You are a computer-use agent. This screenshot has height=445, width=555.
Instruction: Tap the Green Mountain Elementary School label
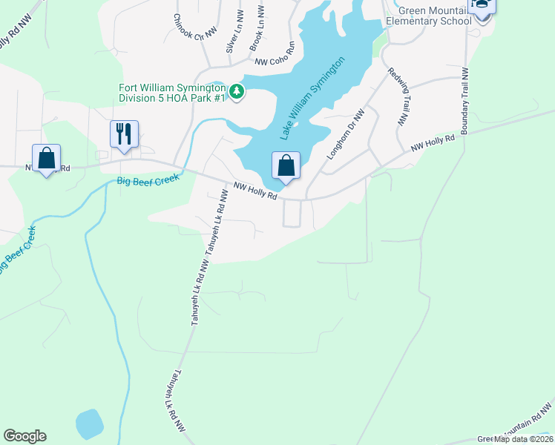pos(428,16)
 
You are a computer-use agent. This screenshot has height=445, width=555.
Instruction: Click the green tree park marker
pos(237,92)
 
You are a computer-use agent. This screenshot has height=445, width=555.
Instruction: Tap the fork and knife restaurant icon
pos(123,134)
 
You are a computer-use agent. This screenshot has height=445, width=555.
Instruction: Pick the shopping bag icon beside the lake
pos(286,165)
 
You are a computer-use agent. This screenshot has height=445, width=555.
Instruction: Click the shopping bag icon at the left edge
pos(47,158)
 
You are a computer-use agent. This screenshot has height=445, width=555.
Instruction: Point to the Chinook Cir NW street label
pos(195,27)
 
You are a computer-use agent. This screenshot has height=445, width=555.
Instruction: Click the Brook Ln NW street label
pos(257,32)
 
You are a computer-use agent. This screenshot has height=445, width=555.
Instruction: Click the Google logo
pos(24,436)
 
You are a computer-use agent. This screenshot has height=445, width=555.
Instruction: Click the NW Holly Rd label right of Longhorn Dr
pos(433,144)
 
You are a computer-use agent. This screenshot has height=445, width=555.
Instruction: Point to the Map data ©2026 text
pos(523,439)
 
